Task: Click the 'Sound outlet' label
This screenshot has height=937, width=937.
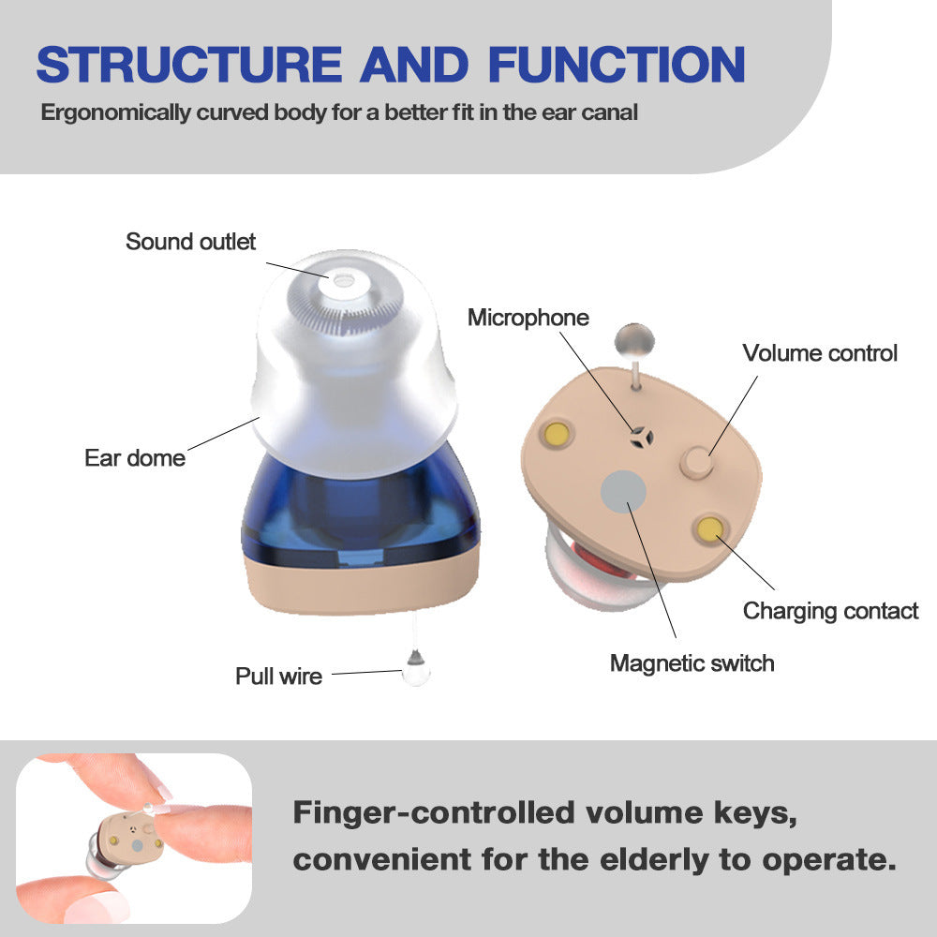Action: click(x=190, y=242)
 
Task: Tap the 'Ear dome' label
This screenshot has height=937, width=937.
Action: click(x=135, y=458)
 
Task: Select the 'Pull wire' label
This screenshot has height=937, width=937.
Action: click(x=278, y=676)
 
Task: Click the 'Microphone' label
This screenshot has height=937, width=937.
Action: click(x=528, y=318)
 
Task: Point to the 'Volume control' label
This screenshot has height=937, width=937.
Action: click(x=820, y=353)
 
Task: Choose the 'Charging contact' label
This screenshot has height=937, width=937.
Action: click(x=830, y=611)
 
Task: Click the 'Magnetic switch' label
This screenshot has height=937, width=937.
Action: click(x=692, y=663)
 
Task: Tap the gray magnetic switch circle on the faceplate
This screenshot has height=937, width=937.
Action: click(x=623, y=491)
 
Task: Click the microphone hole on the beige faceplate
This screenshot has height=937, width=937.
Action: click(x=640, y=435)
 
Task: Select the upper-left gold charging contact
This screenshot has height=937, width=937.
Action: click(x=558, y=433)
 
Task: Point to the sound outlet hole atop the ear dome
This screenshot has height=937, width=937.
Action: click(x=342, y=278)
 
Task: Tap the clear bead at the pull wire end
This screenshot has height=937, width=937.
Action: click(x=411, y=669)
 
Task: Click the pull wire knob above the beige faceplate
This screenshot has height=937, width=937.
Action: click(x=634, y=337)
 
